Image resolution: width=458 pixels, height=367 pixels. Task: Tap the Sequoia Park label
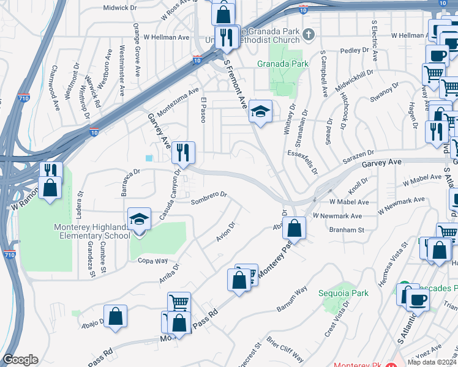[343, 293]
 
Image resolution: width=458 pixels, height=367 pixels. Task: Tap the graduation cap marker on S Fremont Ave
[261, 111]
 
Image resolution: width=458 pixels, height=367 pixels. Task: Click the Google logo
[20, 360]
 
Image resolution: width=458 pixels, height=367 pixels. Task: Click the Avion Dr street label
[226, 231]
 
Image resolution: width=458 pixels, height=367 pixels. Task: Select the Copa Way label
[152, 261]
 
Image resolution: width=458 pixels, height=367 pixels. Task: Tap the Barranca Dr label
[131, 182]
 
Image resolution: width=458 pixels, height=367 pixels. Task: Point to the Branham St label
[347, 230]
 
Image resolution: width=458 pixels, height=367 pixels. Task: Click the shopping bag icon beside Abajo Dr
[115, 316]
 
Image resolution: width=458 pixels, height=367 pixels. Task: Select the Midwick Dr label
[120, 7]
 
